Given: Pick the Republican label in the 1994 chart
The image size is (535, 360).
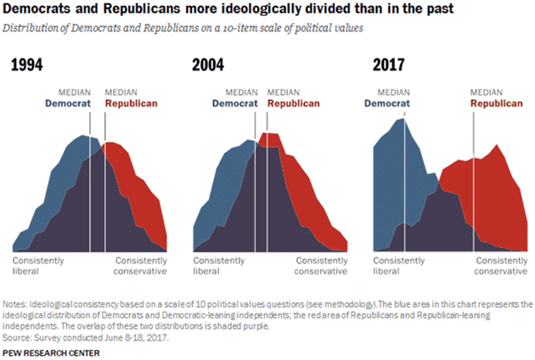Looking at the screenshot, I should click(132, 104).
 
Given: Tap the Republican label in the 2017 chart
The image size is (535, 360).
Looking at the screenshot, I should click(498, 104).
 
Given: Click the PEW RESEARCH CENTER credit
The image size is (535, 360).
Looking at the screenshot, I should click(52, 351).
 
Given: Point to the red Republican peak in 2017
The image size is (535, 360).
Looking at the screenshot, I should click(497, 145).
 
